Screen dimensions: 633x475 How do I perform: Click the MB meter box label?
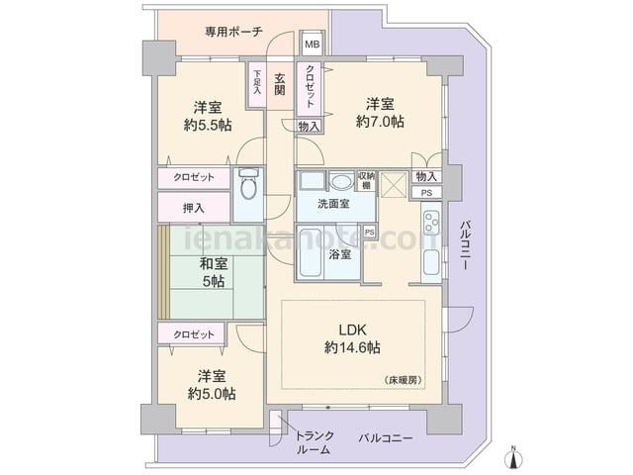[x=312, y=44]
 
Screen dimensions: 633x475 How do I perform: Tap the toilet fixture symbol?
[x=248, y=184]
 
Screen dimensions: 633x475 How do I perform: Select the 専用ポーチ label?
[x=233, y=32]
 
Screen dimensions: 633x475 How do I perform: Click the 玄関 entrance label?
[x=280, y=84]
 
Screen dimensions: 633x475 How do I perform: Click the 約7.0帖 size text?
[x=380, y=122]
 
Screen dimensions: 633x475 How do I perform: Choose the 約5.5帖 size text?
[x=208, y=126]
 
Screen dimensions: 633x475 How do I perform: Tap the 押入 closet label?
[x=194, y=208]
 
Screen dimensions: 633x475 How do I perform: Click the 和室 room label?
[x=214, y=264]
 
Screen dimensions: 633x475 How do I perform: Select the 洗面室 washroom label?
[x=333, y=204]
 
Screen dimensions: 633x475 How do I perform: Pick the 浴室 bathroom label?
[x=339, y=254]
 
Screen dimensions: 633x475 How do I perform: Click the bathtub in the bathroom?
[x=311, y=252]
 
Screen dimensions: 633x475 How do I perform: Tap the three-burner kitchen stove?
[x=431, y=222]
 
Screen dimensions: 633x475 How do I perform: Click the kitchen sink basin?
[x=431, y=261]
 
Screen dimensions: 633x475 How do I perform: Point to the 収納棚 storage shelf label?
[x=366, y=181]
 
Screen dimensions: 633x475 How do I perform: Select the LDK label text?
[x=352, y=330]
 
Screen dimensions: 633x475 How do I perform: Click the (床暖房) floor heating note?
[x=403, y=380]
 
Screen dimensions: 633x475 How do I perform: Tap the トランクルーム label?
[x=315, y=442]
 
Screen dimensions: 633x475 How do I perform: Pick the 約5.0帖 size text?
[x=212, y=394]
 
